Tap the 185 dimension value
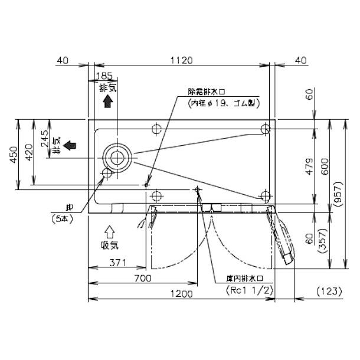coord(104,75)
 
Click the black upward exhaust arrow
coord(107,102)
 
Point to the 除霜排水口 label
coord(207,91)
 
